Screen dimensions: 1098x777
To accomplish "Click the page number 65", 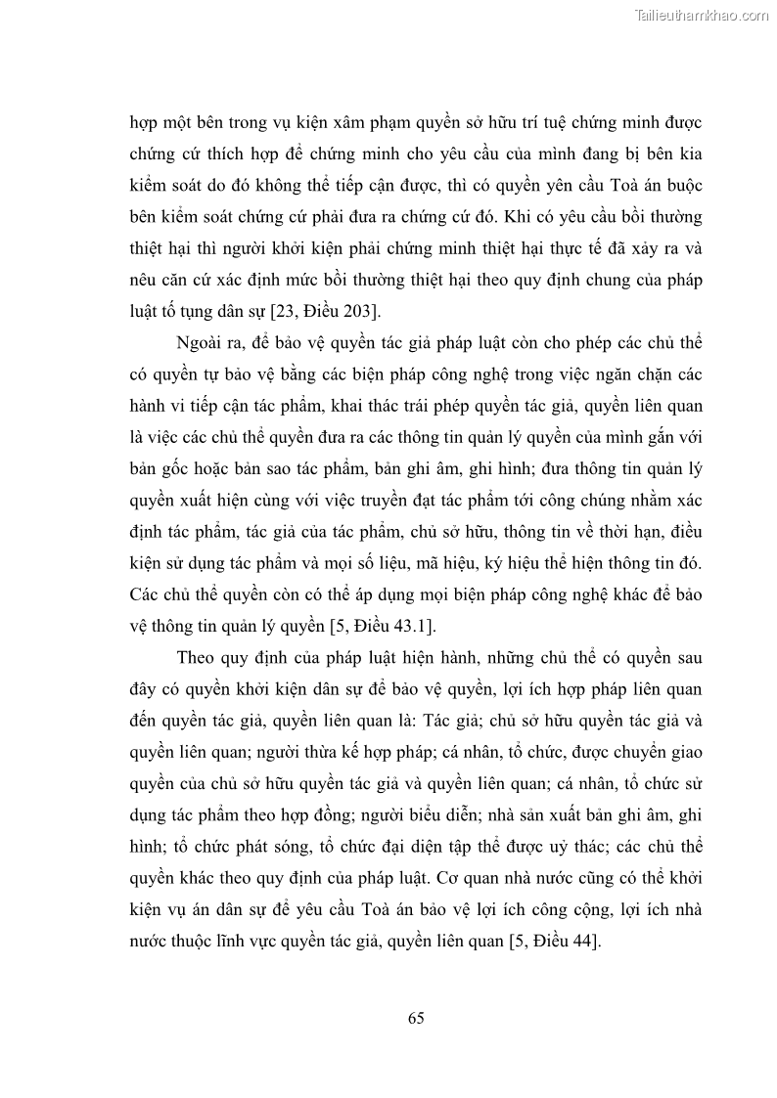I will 416,1018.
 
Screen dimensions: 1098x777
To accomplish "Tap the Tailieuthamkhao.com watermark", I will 702,15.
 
